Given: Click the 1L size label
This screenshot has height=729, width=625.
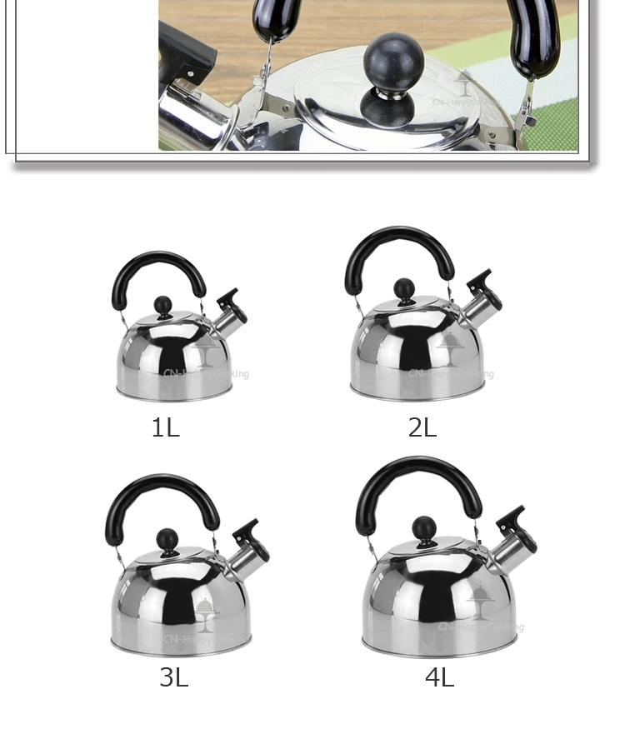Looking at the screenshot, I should tap(165, 427).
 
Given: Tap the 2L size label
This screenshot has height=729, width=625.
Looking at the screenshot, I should tap(422, 427).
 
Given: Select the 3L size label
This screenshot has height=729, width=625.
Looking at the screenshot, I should tap(174, 677).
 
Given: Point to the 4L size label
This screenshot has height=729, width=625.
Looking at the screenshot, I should tap(439, 677).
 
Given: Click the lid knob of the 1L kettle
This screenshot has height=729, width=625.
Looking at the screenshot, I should tap(163, 306).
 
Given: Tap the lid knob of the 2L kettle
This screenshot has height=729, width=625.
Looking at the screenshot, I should tap(404, 289).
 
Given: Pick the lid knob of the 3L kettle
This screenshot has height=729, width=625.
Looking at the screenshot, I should tap(167, 540).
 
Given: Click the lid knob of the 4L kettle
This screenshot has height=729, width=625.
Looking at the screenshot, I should tap(424, 528).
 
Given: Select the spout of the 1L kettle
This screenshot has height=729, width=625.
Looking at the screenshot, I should tap(231, 309).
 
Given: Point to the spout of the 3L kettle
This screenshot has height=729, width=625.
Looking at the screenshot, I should tap(249, 542).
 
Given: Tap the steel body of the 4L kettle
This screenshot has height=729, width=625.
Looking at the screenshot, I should tap(425, 604).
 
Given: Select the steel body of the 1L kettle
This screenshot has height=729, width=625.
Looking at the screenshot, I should tap(171, 358).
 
